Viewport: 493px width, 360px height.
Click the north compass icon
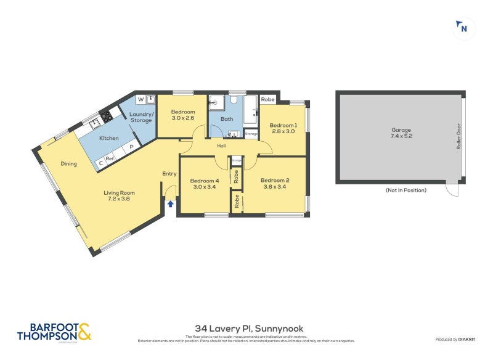click(463, 28)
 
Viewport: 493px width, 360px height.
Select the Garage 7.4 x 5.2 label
click(401, 133)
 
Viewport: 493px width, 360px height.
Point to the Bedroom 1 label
click(283, 129)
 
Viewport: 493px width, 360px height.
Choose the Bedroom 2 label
click(276, 183)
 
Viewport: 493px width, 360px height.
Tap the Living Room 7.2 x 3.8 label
click(119, 196)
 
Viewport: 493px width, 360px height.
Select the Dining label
click(68, 164)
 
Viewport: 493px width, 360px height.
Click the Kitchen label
click(108, 139)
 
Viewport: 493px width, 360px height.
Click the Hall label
click(221, 146)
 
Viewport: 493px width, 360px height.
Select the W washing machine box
click(140, 99)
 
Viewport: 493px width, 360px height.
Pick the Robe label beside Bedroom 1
click(267, 99)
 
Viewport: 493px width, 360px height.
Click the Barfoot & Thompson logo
click(54, 331)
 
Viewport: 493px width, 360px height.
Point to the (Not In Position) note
click(405, 190)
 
